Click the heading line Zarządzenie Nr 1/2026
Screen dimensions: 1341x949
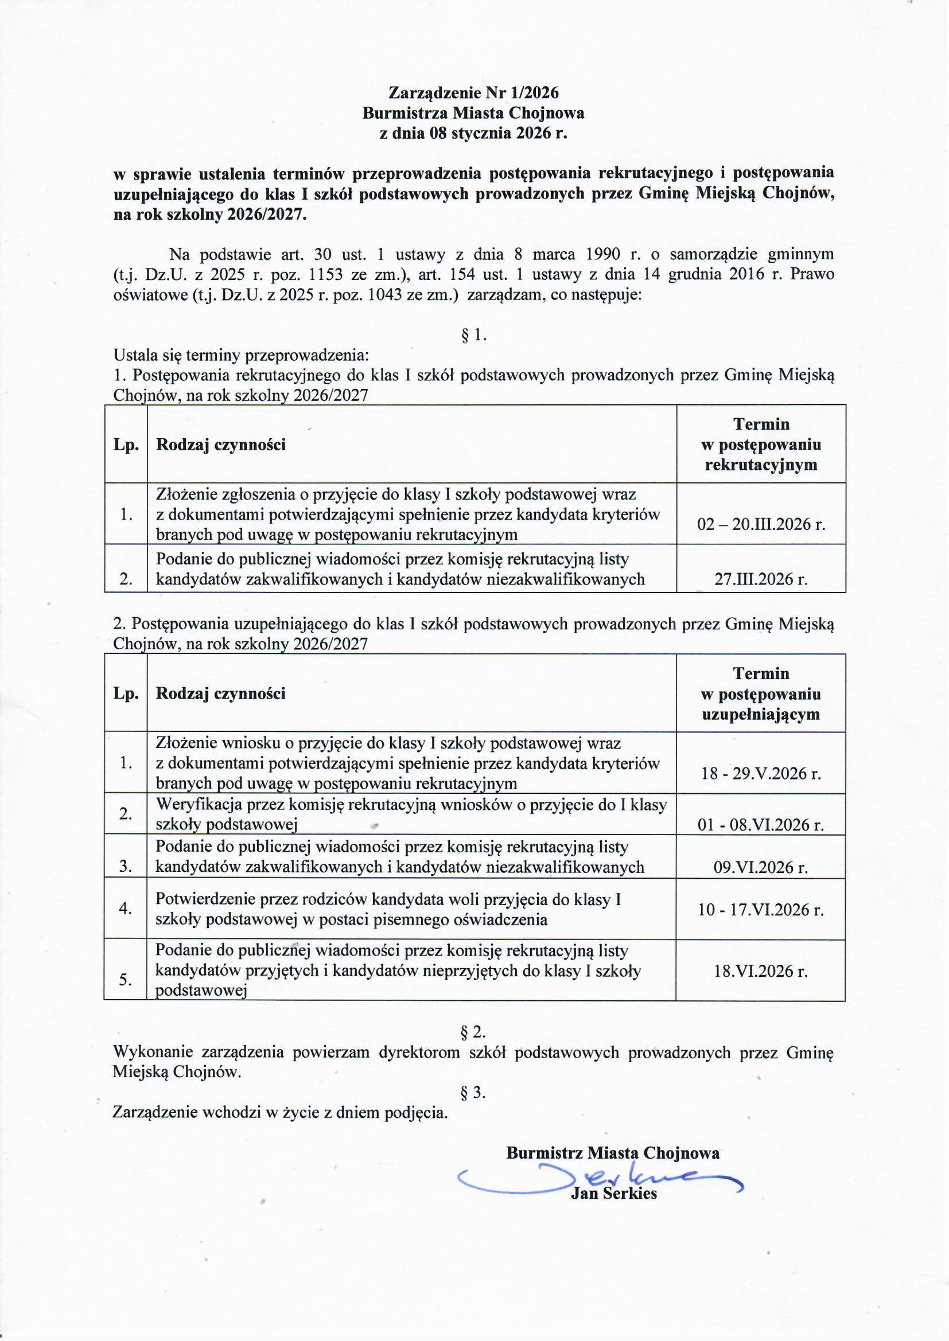[x=473, y=93]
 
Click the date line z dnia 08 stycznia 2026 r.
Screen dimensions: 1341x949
[x=473, y=134]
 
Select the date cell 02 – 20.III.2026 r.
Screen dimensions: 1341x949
[x=761, y=524]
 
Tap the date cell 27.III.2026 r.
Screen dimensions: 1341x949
[x=761, y=579]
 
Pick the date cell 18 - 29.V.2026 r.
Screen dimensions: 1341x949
[x=761, y=773]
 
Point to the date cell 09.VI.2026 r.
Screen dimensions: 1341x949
[x=761, y=867]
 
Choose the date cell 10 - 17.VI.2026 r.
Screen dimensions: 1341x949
[x=761, y=910]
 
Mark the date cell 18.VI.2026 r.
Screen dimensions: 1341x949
[x=761, y=971]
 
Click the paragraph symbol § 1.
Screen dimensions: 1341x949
[x=474, y=335]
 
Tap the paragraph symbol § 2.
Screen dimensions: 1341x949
[x=474, y=1031]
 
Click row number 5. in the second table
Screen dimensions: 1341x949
[x=125, y=980]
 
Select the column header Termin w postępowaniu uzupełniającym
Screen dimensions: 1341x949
[x=761, y=693]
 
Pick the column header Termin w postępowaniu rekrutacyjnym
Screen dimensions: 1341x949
[x=761, y=445]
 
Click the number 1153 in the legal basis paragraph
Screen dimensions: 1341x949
[x=326, y=275]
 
